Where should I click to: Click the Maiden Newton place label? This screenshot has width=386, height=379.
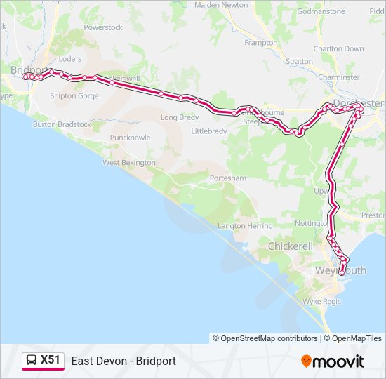(x=221, y=5)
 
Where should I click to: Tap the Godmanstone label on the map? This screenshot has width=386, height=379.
(x=321, y=11)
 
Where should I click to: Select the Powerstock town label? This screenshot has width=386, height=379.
(x=103, y=27)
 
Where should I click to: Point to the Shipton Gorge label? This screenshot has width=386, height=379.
(x=74, y=96)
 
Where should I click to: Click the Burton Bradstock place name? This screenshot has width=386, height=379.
(x=62, y=124)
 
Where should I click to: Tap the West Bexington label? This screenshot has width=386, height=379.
(x=129, y=163)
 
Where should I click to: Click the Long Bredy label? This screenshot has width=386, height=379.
(x=180, y=118)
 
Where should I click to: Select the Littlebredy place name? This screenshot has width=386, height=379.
(x=210, y=131)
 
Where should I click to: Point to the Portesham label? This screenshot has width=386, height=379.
(x=228, y=178)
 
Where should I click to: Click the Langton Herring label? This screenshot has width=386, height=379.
(x=245, y=226)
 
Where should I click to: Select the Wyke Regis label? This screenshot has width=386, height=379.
(x=321, y=301)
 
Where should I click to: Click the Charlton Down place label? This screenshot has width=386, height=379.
(x=339, y=49)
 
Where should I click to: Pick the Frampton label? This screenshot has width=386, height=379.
(x=261, y=43)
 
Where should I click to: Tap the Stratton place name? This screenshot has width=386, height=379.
(x=300, y=62)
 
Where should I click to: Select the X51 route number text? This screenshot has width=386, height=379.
(x=51, y=361)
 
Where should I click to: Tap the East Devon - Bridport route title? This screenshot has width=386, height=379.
(x=124, y=361)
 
